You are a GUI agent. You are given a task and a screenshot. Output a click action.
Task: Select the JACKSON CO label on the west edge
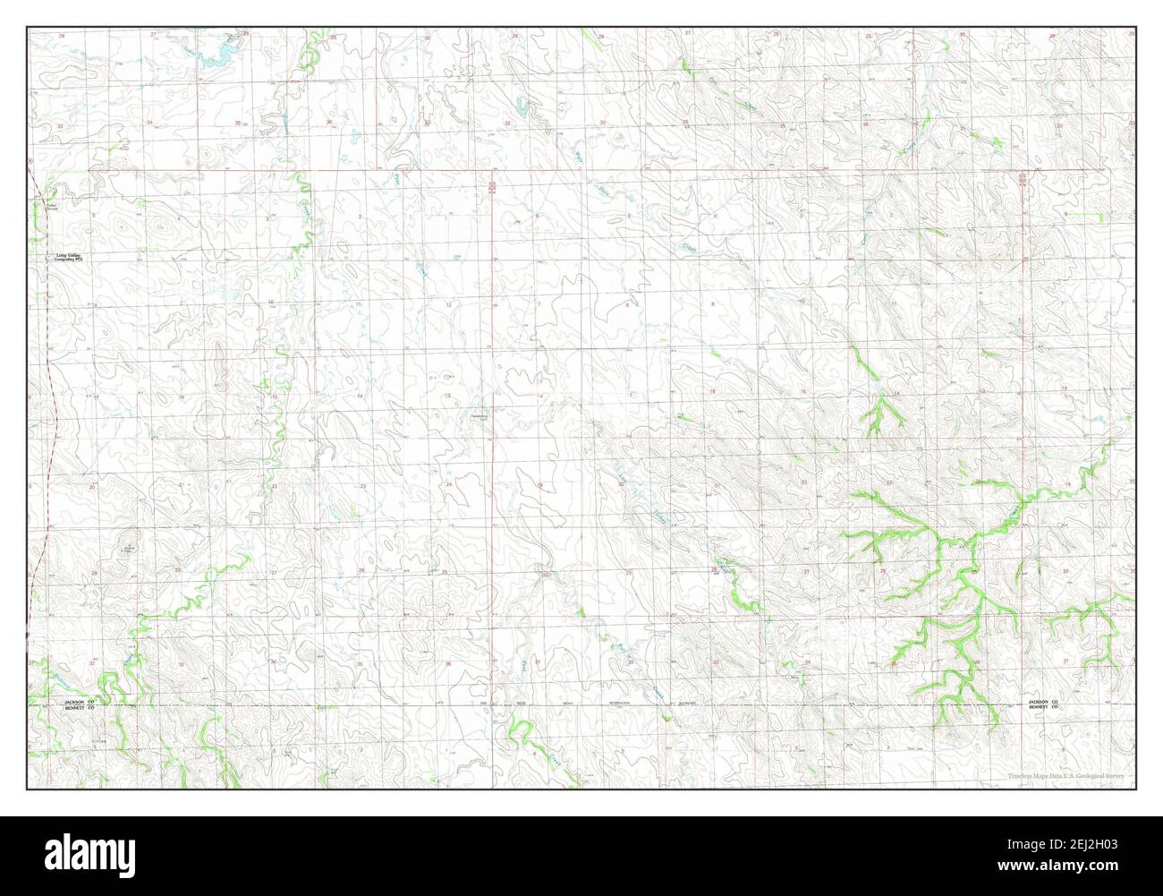(x=79, y=701)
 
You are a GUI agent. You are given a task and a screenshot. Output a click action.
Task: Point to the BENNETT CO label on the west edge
(x=79, y=707)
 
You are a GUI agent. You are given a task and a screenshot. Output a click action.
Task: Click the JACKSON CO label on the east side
(x=1043, y=701)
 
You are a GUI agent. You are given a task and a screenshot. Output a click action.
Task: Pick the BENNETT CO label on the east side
(x=1043, y=707)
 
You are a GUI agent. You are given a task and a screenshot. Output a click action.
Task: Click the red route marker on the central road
(x=492, y=186)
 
